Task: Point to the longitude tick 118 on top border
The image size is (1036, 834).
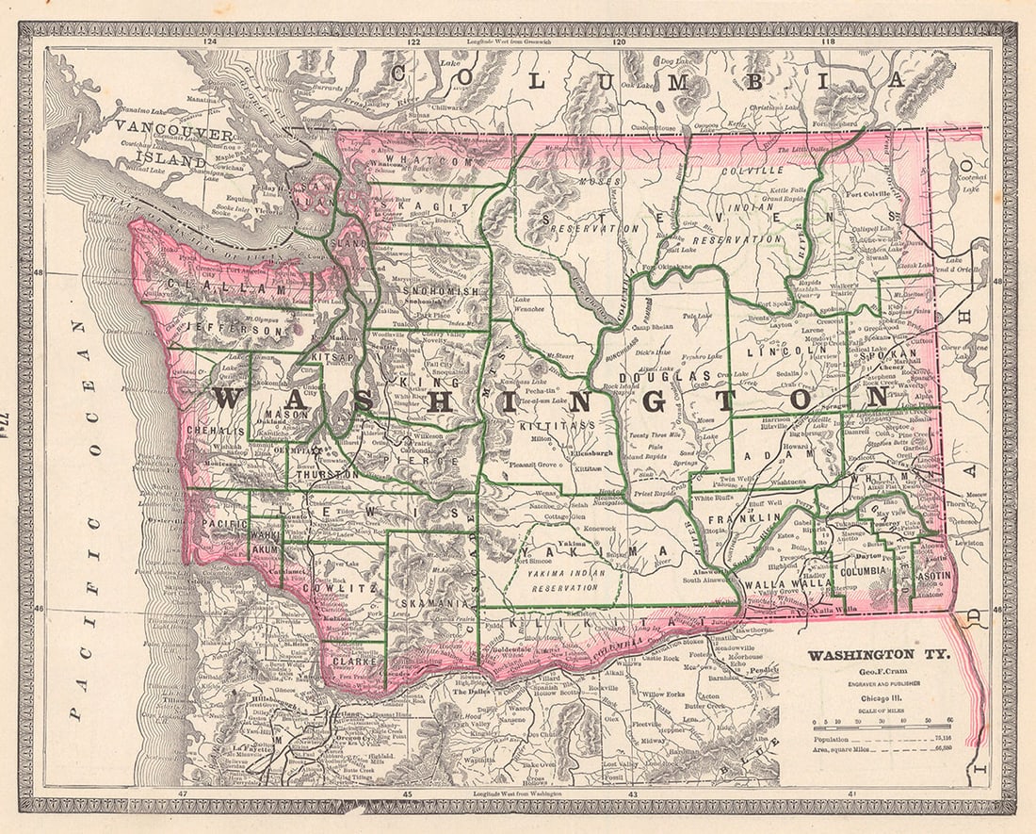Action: point(828,42)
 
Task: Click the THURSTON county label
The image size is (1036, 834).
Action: point(326,475)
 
